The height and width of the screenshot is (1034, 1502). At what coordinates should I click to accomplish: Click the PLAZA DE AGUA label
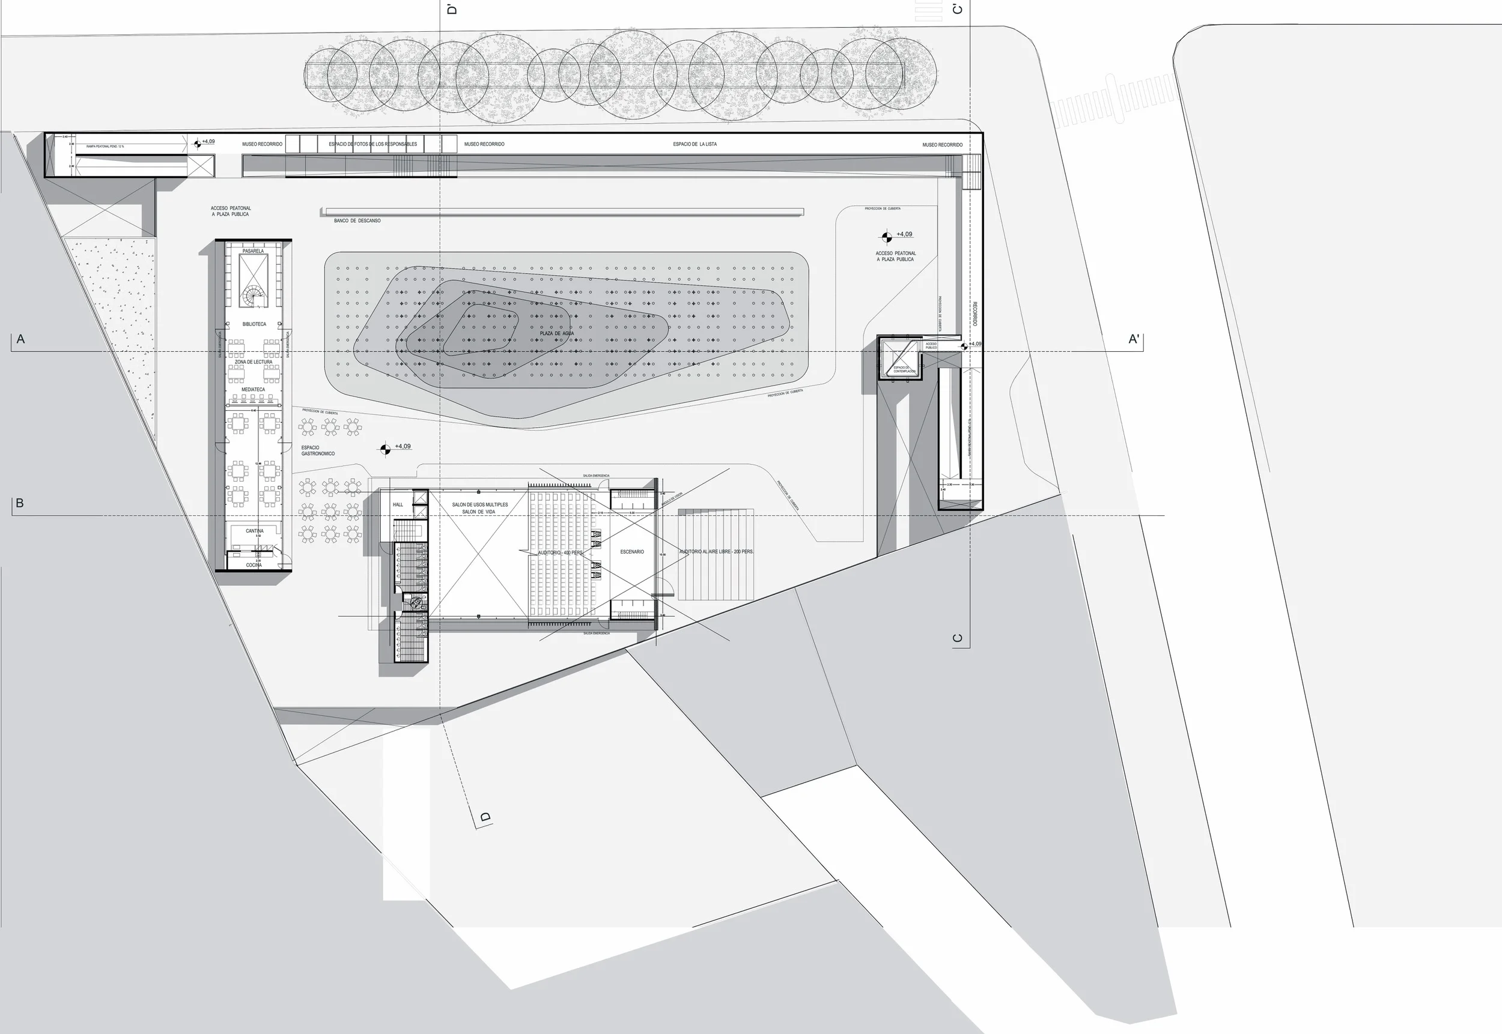click(x=556, y=334)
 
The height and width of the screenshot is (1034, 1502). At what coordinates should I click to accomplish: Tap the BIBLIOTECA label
click(x=254, y=324)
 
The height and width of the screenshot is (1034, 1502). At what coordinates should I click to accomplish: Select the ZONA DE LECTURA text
click(x=254, y=362)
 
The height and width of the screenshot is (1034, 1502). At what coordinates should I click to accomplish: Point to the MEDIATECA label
click(x=254, y=389)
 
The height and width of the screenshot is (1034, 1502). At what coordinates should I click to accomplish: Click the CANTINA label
click(x=254, y=531)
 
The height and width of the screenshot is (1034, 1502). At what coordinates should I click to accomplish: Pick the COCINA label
click(x=254, y=565)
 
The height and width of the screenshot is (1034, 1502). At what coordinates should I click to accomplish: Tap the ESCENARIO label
click(x=632, y=552)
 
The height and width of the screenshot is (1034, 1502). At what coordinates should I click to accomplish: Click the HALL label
click(x=398, y=504)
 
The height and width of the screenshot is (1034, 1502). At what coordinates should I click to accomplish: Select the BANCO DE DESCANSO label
click(x=357, y=221)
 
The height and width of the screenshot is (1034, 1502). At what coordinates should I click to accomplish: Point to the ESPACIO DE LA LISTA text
click(x=695, y=145)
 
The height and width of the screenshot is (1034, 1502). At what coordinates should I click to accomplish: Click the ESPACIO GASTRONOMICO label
click(x=318, y=450)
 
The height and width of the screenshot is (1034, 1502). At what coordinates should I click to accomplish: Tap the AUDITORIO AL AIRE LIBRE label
click(x=716, y=552)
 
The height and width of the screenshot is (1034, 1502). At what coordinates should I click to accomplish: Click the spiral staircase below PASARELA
click(x=253, y=297)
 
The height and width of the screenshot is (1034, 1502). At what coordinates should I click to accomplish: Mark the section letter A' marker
click(x=1134, y=339)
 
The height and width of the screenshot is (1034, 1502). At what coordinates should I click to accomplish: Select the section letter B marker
click(x=19, y=503)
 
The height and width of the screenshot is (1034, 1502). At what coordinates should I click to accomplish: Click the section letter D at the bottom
click(x=485, y=817)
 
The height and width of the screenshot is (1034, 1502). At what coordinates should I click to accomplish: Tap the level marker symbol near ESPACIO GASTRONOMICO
click(x=385, y=449)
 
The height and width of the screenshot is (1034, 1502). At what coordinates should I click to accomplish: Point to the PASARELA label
click(x=253, y=251)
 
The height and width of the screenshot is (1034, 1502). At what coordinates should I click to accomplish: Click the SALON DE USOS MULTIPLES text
click(x=479, y=504)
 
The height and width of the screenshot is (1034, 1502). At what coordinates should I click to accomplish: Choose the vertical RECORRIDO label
click(x=974, y=313)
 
